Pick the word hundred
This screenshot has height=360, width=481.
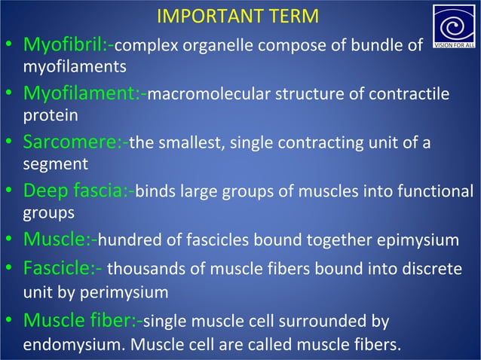[126, 240]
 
